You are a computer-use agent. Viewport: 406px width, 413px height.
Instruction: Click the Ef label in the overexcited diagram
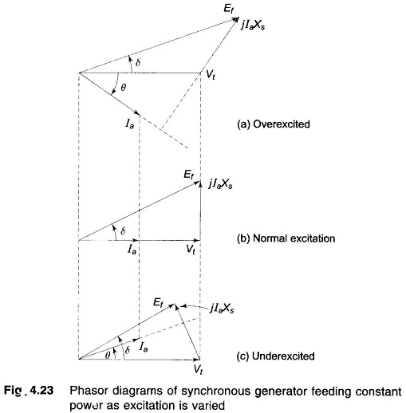click(x=229, y=8)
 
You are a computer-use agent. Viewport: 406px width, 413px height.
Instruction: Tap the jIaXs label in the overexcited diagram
click(x=253, y=25)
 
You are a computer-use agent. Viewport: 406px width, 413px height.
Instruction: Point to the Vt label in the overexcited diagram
click(x=211, y=76)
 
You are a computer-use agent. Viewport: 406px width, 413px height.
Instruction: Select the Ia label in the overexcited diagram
click(x=129, y=124)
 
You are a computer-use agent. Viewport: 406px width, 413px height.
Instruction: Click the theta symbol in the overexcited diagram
click(x=123, y=87)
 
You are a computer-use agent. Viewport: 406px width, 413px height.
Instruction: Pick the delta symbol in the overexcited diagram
click(x=138, y=62)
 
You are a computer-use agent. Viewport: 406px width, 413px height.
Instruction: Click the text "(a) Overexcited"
click(x=274, y=124)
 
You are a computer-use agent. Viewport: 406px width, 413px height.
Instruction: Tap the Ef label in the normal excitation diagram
click(x=189, y=175)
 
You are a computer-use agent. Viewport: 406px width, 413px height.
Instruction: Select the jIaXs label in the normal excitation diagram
click(x=220, y=183)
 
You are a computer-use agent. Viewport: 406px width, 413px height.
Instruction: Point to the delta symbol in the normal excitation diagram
click(x=123, y=231)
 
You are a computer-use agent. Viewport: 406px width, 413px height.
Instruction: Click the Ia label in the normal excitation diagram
click(x=132, y=250)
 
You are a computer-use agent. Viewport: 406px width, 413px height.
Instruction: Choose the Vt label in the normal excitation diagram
click(x=191, y=250)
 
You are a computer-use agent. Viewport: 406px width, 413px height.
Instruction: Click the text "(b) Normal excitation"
click(x=286, y=238)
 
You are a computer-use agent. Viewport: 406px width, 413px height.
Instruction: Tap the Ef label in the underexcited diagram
click(x=159, y=302)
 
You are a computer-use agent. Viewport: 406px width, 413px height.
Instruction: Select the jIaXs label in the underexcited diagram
click(x=222, y=309)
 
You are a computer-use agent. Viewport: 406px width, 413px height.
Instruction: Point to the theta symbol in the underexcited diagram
click(x=108, y=355)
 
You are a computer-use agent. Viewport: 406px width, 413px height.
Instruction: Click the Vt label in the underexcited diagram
click(x=199, y=369)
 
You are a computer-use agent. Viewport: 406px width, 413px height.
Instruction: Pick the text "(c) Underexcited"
click(x=275, y=356)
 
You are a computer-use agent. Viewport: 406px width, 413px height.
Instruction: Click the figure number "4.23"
click(x=41, y=391)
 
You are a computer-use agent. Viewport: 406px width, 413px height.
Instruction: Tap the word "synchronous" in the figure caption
click(x=215, y=391)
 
